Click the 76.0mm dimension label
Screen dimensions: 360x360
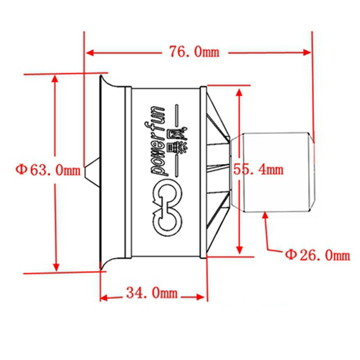click(x=194, y=52)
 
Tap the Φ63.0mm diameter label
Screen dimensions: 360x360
click(x=48, y=170)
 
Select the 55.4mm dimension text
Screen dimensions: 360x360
click(x=258, y=170)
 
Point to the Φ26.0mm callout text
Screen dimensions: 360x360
click(x=317, y=255)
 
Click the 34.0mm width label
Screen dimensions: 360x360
click(x=152, y=293)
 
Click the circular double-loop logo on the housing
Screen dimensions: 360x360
click(x=167, y=210)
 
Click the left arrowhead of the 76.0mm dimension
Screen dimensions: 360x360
click(x=90, y=53)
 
